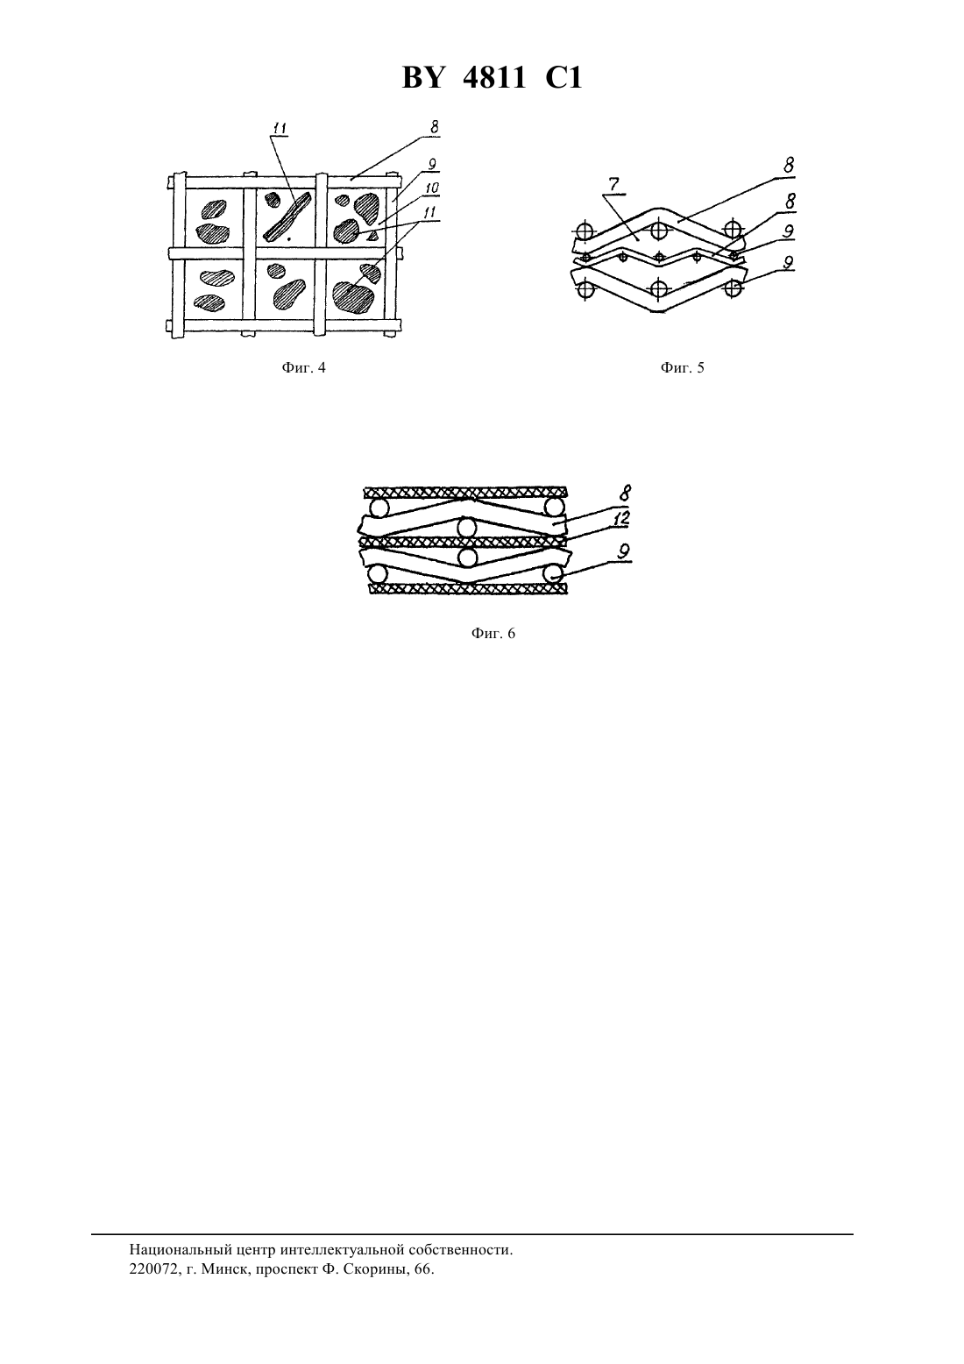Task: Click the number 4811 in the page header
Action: (x=494, y=79)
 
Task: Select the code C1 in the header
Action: (x=564, y=79)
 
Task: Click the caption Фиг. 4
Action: (x=304, y=368)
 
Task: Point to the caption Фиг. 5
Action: (x=682, y=368)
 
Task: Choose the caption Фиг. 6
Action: (x=493, y=633)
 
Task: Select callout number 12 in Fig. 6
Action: (x=621, y=519)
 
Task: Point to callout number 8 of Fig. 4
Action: (x=434, y=126)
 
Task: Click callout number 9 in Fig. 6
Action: (x=624, y=551)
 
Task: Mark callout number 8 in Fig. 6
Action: (x=626, y=492)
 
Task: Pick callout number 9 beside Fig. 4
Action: (x=431, y=164)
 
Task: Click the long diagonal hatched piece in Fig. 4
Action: (x=287, y=217)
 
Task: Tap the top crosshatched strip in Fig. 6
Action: (x=465, y=492)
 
